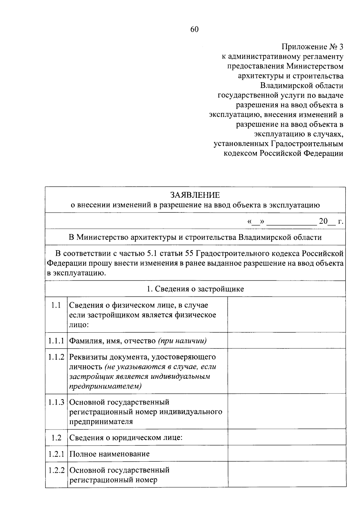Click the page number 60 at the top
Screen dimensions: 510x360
(x=194, y=29)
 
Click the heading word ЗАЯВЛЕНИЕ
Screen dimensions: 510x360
(x=195, y=195)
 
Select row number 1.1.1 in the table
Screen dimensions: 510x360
(x=56, y=341)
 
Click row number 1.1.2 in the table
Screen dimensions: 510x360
(x=56, y=357)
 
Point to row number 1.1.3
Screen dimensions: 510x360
(x=56, y=402)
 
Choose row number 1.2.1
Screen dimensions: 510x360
(x=56, y=454)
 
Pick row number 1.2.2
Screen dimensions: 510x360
(x=56, y=470)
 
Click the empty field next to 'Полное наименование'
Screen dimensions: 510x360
(x=286, y=453)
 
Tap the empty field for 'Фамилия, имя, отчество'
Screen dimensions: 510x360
(x=286, y=340)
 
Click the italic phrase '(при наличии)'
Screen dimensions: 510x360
(x=182, y=341)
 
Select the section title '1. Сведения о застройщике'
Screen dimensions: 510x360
(x=195, y=289)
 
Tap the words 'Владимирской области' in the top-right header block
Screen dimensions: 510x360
(x=301, y=86)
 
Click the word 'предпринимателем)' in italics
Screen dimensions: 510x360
(x=105, y=386)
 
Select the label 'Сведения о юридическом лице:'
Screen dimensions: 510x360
(x=126, y=438)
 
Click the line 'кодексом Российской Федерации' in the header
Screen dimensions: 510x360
(x=283, y=154)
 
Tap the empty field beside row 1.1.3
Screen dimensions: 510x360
(x=286, y=411)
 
